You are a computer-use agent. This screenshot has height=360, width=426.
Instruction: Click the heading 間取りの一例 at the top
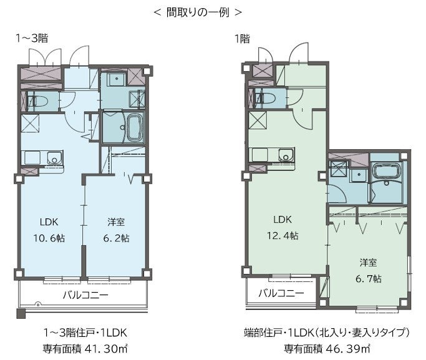(198, 12)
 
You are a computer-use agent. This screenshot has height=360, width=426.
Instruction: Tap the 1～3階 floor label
(32, 38)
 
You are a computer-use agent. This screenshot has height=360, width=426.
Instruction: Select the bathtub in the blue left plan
(135, 127)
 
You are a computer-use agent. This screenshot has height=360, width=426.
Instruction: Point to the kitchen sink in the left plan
(54, 158)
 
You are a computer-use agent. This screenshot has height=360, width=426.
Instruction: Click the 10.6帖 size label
(49, 238)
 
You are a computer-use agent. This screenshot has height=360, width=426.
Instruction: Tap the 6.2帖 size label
(116, 238)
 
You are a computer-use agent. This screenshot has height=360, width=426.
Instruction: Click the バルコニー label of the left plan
(86, 294)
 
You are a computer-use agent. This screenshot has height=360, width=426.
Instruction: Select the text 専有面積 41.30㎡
(85, 348)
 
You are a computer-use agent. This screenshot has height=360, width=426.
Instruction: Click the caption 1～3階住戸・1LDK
(85, 333)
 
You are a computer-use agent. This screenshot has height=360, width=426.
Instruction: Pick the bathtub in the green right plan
(386, 172)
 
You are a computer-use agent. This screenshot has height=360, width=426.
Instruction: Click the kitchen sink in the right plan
(286, 155)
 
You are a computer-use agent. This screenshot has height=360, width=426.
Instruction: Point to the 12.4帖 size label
(283, 235)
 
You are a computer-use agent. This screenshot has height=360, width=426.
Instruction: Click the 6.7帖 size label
(369, 278)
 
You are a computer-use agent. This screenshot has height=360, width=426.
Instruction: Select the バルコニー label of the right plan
(281, 293)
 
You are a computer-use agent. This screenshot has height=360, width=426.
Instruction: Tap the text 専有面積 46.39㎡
(327, 348)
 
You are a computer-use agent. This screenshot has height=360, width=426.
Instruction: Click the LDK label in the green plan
(283, 219)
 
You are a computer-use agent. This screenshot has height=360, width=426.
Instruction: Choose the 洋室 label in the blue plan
(116, 222)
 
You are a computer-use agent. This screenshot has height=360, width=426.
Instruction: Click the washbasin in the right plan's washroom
(359, 175)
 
